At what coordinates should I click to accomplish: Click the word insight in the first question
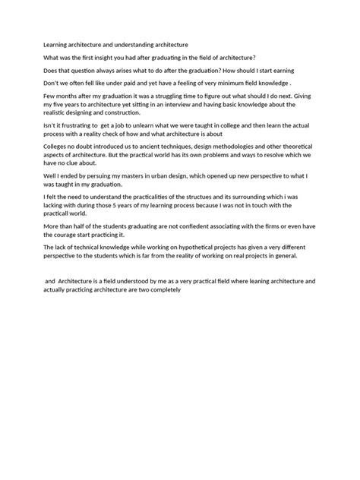106,57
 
